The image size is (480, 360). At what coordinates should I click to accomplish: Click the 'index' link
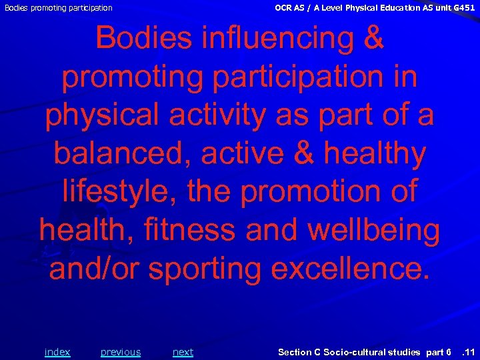(57, 352)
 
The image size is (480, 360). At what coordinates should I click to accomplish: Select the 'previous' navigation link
(121, 352)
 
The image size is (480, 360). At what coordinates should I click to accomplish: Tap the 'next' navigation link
(183, 352)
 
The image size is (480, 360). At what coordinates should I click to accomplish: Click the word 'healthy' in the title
(375, 154)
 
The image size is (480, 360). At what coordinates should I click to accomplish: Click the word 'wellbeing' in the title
(374, 231)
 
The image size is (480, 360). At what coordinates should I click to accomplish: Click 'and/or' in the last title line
(95, 269)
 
